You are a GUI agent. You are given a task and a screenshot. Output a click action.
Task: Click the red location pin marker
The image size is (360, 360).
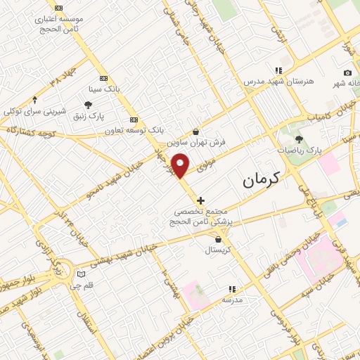pos(181,165)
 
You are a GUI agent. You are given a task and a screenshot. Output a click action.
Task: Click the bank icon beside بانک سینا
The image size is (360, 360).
pos(104,79)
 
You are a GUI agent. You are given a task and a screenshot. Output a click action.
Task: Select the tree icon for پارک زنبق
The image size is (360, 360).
pos(88,105)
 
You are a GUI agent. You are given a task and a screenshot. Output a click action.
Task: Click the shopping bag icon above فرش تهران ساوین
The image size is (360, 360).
pos(195,131)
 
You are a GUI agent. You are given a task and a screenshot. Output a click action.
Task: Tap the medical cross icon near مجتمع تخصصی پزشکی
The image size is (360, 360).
pos(201,200)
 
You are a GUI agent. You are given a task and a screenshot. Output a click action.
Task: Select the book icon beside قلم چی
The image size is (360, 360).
pos(81,274)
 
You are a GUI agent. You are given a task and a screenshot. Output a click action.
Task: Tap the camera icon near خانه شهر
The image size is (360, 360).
pos(347,73)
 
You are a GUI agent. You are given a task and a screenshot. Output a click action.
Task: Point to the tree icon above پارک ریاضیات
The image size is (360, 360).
pos(300,139)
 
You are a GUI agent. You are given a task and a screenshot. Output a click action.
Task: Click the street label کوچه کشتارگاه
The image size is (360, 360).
pos(32,131)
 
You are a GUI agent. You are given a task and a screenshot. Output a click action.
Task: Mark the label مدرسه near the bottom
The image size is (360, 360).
pos(232,300)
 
